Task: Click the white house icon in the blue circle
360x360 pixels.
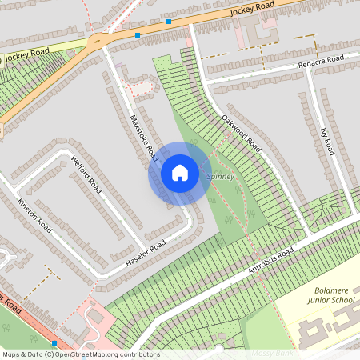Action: [180, 173]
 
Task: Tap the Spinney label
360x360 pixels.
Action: [221, 176]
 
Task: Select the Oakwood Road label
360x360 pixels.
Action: [241, 133]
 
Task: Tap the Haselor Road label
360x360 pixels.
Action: [146, 254]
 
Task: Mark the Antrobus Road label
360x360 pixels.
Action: [271, 262]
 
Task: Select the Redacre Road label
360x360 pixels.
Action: [321, 61]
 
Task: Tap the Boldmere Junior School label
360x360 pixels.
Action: [330, 295]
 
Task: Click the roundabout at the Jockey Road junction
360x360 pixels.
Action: [99, 39]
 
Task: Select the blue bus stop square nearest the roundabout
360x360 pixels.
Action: [138, 35]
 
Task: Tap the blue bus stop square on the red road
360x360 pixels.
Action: [54, 342]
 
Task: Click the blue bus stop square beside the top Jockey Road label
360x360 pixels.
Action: [168, 22]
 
